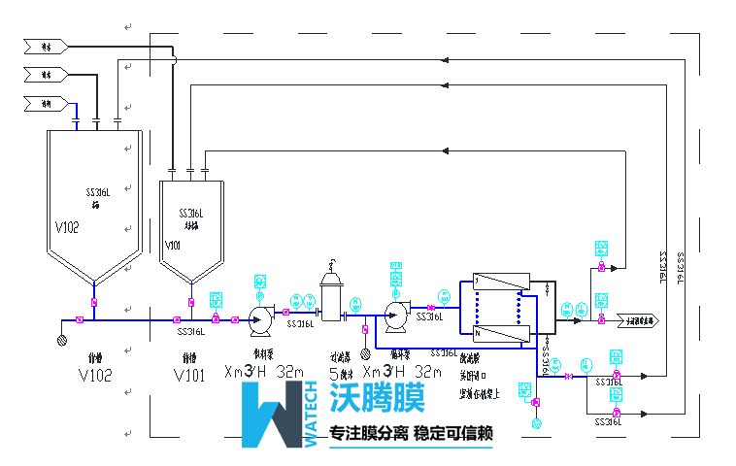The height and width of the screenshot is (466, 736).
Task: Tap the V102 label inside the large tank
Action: [67, 227]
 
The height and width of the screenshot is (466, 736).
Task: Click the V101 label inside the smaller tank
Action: [173, 246]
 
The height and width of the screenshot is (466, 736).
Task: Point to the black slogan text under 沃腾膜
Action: [413, 433]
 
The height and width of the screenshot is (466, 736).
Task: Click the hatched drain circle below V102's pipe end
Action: [63, 340]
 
